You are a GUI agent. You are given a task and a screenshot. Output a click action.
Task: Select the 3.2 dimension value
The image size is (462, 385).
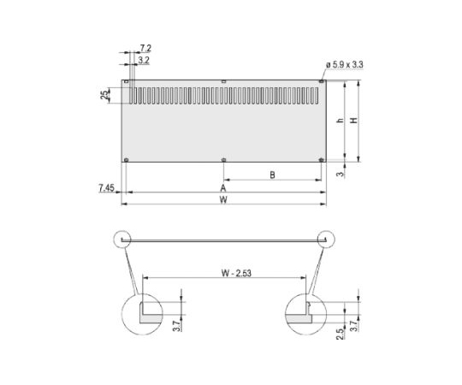point(144,62)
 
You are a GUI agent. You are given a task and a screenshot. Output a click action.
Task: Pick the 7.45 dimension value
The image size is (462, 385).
point(106,187)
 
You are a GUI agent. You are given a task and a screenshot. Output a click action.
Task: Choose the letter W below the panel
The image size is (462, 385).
point(223,201)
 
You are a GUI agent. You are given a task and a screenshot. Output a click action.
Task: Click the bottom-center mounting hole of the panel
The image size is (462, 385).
point(223,159)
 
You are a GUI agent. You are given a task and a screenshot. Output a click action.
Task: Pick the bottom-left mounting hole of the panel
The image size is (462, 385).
point(127,159)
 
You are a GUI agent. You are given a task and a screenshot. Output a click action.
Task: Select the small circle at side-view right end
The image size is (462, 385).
point(326,239)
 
